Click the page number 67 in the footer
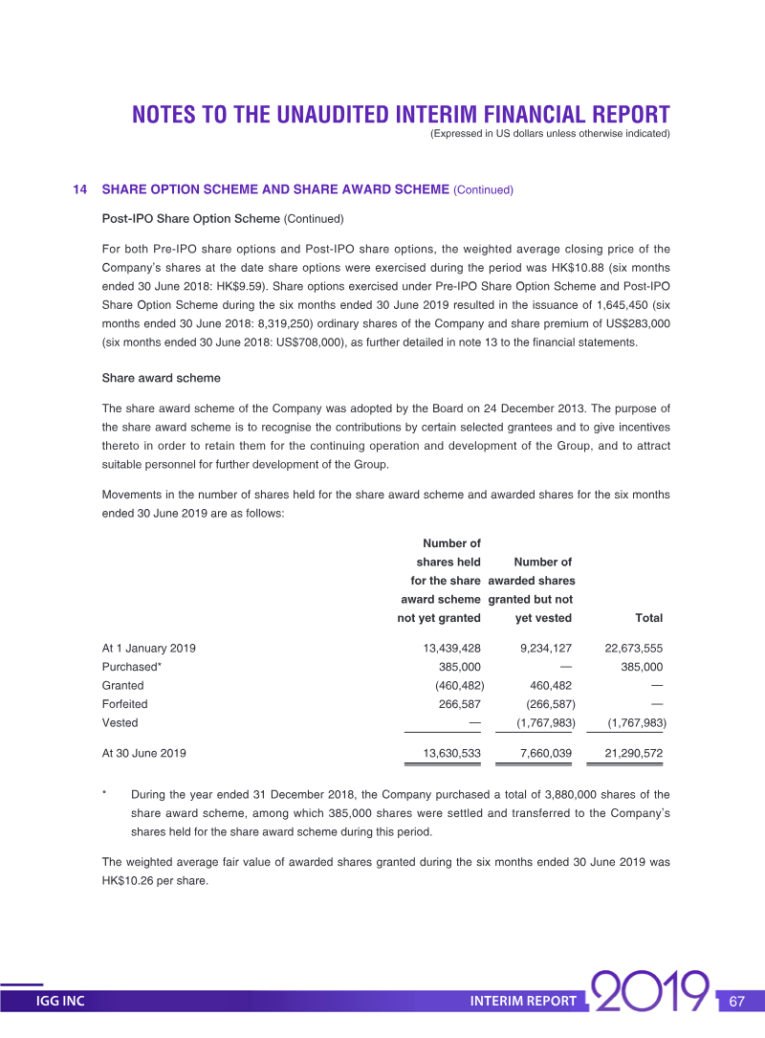pos(736,1002)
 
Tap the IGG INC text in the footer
pos(60,1002)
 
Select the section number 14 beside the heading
pos(80,189)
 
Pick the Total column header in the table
pos(648,618)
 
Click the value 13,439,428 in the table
pos(451,649)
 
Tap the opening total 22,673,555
pos(634,649)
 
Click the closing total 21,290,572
pos(634,753)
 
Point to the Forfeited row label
pos(124,704)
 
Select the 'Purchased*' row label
pos(131,667)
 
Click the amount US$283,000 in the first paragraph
pos(631,323)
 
